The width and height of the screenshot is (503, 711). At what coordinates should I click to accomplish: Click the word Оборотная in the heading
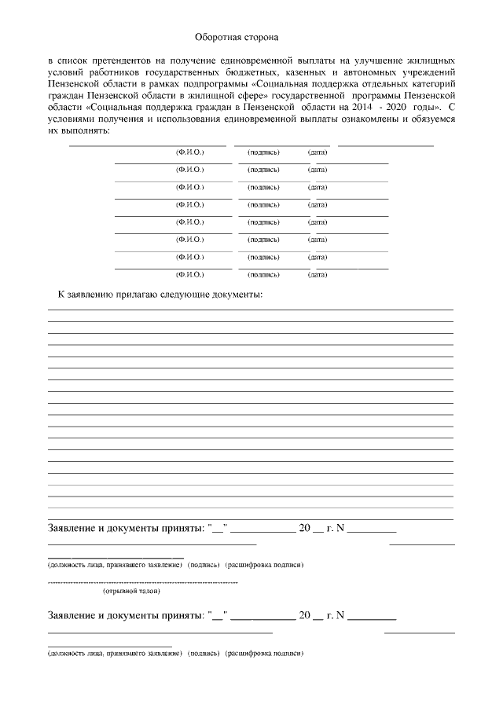219,36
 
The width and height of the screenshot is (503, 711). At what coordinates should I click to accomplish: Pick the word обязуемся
427,119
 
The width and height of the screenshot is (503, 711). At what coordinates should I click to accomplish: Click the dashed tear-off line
143,582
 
